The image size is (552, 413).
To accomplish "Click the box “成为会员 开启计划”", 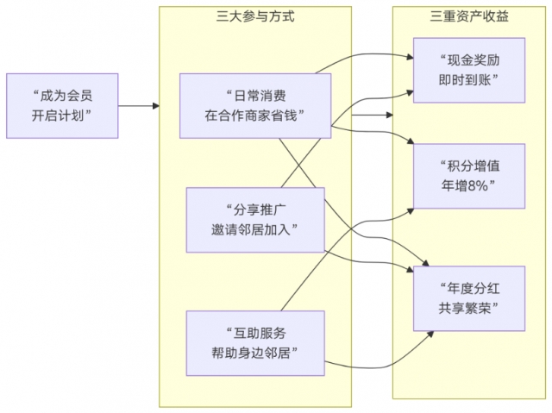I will [x=62, y=105].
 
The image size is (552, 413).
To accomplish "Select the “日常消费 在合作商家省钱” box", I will [x=255, y=105].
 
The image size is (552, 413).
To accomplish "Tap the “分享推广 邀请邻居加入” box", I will [x=255, y=218].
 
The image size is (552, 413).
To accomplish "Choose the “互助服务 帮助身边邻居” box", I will [x=255, y=341].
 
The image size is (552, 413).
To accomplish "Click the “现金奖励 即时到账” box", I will [x=468, y=70].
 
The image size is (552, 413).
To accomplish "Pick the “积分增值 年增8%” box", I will [x=468, y=176].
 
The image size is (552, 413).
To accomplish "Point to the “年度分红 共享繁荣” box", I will [x=468, y=299].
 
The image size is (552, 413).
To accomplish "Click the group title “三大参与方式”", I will [x=255, y=16].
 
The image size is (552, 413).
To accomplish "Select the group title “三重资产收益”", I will [x=468, y=16].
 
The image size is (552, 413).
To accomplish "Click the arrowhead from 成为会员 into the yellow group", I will [x=156, y=106].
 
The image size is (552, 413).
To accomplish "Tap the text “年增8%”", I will [x=468, y=186].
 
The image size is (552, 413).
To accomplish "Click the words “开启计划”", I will [x=62, y=116].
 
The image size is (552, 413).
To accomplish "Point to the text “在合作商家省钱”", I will [x=255, y=116].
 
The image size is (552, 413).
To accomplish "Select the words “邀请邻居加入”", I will [x=255, y=228].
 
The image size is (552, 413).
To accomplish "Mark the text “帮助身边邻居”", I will [x=255, y=352].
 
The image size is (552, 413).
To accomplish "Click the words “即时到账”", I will [x=468, y=80].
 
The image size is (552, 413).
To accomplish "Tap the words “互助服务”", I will [x=255, y=332].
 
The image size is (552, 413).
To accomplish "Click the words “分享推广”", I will [x=255, y=209].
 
